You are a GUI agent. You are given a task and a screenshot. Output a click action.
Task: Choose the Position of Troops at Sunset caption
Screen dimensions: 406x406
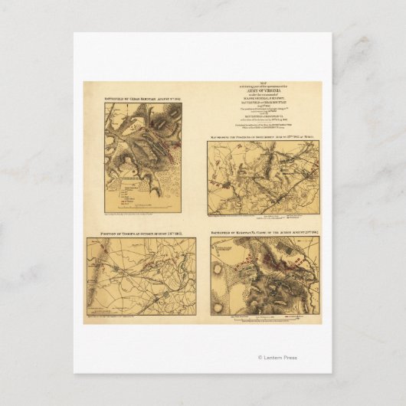[141, 233]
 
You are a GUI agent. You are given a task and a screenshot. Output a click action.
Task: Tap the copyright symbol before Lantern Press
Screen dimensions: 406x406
[260, 358]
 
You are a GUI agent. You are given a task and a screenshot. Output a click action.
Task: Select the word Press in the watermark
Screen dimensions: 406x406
[292, 358]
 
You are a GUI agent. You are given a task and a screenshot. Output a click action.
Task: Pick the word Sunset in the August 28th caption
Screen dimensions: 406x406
[152, 233]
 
